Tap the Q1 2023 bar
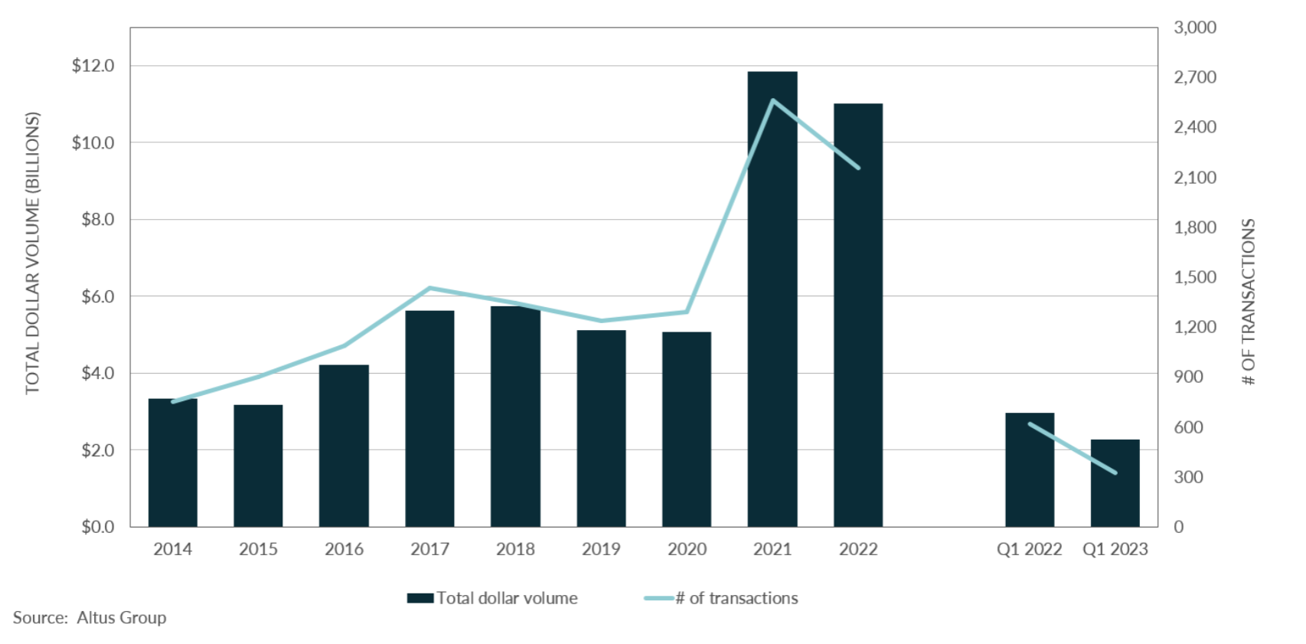coord(1115,483)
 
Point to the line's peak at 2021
coord(772,100)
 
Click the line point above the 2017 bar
coord(429,288)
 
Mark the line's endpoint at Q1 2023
coord(1115,472)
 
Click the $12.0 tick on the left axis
coord(93,66)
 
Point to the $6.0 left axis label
coord(97,296)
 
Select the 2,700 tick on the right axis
coord(1195,77)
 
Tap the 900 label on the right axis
coord(1188,377)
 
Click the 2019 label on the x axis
coord(601,549)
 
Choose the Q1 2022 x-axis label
coord(1029,549)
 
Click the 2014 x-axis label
coord(172,549)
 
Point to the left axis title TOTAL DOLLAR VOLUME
coord(32,253)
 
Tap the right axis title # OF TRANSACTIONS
coord(1249,302)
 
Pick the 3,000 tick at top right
coord(1195,28)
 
